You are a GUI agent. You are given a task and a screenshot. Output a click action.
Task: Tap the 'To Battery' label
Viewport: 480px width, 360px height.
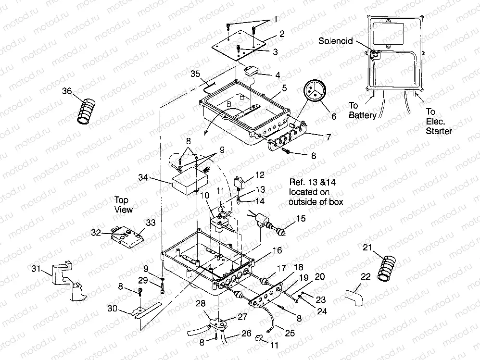click(x=362, y=110)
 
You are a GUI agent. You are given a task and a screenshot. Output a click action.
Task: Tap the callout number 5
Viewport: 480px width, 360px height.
click(x=285, y=88)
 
